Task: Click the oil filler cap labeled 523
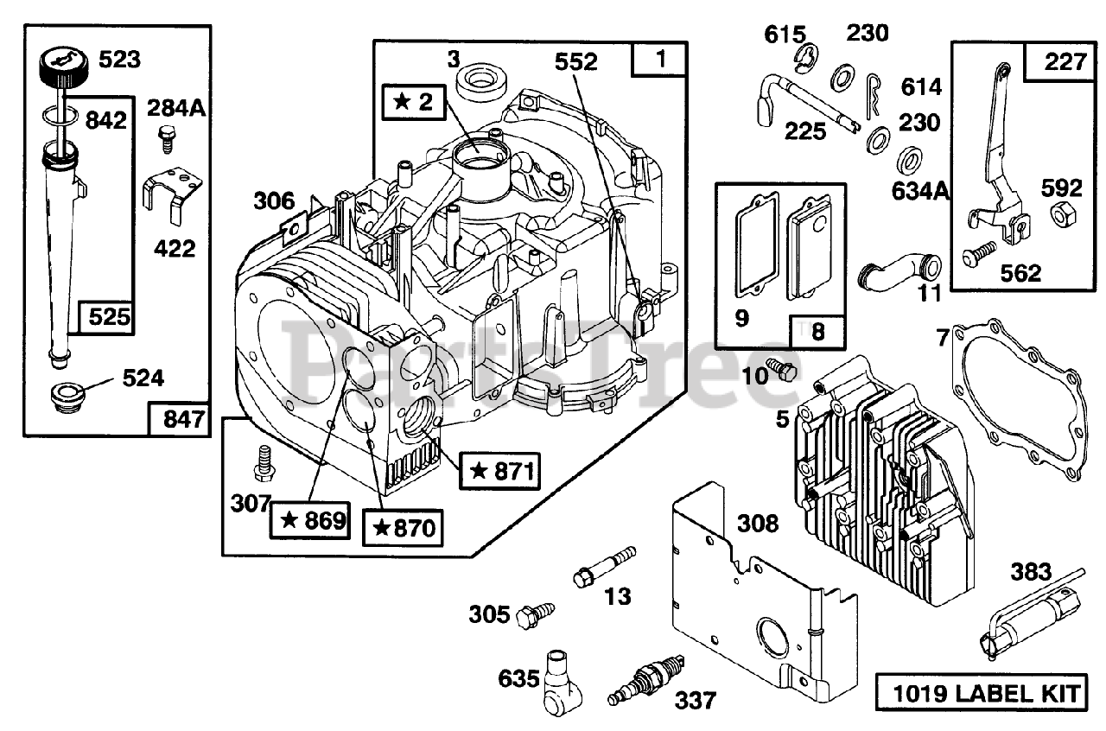tap(61, 67)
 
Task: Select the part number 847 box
tap(179, 420)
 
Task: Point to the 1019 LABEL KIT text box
tap(981, 693)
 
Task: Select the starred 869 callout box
tap(311, 521)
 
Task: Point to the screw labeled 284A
tap(167, 135)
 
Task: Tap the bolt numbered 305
tap(530, 615)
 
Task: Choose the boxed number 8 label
tap(817, 330)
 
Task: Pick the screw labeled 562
tap(977, 257)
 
